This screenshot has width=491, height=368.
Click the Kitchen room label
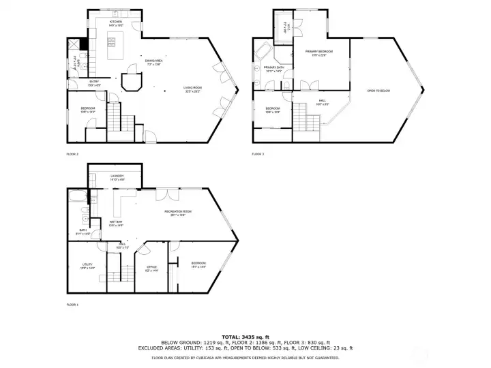116,22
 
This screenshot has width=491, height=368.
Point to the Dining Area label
153,63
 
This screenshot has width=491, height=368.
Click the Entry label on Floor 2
94,83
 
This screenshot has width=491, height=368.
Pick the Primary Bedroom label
319,53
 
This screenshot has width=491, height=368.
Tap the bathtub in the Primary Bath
263,51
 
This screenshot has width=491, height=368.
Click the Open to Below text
378,91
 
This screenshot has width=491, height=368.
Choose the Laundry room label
117,177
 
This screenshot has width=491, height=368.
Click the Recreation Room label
177,213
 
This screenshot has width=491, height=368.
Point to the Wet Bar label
115,223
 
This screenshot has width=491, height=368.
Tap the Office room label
151,268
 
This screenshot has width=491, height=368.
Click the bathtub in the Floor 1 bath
77,198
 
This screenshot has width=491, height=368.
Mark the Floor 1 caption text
72,304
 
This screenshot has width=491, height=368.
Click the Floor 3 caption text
258,154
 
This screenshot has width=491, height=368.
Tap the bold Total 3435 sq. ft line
245,337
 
